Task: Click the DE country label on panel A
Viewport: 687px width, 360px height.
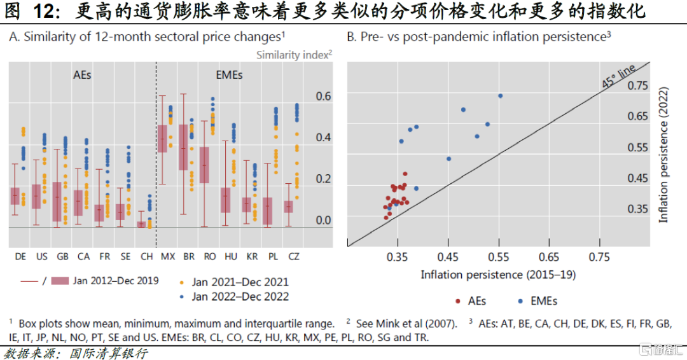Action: point(21,256)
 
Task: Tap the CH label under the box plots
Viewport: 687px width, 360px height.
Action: point(146,256)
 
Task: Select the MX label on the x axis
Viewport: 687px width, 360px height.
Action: point(168,256)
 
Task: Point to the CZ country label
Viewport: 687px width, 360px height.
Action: point(293,256)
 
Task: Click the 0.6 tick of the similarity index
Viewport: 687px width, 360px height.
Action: point(324,96)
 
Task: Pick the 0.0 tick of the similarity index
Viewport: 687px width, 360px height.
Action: point(324,221)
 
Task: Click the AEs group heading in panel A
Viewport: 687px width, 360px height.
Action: point(81,75)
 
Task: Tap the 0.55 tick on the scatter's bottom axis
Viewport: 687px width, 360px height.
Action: point(498,257)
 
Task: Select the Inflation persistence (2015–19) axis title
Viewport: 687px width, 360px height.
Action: point(498,274)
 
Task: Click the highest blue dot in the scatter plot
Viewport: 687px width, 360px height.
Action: point(500,96)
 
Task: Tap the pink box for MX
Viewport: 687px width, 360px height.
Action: point(162,139)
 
